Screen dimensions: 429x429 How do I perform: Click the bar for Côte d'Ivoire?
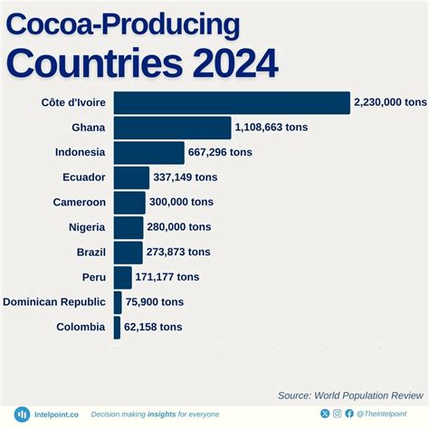coord(232,103)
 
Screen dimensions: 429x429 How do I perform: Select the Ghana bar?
coord(173,128)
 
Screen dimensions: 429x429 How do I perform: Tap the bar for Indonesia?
coord(149,152)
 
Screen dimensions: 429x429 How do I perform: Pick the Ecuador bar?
coord(132,177)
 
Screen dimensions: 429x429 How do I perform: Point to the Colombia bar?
coord(118,327)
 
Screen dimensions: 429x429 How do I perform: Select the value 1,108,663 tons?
coord(272,128)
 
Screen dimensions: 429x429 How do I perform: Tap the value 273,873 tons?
coord(179,252)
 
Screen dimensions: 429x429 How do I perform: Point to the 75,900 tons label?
coord(154,302)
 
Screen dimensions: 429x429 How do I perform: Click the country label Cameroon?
coord(80,203)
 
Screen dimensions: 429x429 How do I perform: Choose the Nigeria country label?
coord(87,227)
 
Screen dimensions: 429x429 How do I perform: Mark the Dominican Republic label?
coord(55,302)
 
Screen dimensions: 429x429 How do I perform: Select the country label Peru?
coord(93,277)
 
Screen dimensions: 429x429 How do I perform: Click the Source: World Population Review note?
coord(350,396)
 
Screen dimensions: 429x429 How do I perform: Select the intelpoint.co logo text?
coord(56,415)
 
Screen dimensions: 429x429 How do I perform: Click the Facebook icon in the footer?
coord(349,414)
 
